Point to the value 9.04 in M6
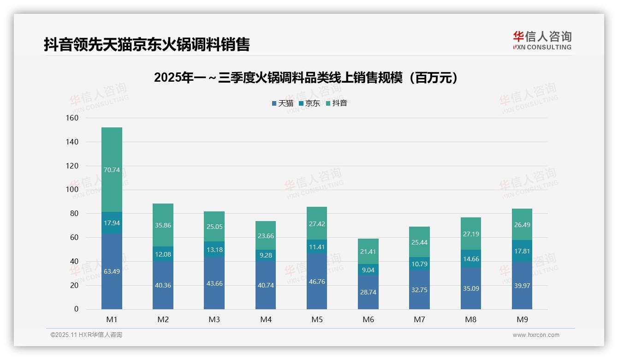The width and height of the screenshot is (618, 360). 368,270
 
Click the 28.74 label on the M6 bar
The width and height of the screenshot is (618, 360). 368,293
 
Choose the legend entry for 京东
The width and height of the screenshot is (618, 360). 309,103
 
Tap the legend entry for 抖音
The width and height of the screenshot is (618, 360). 337,103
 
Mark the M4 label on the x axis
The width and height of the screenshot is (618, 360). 266,319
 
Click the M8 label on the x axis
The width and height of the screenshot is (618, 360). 470,319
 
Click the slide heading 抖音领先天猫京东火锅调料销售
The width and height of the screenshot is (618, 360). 147,45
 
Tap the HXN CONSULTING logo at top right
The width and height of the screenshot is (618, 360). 542,41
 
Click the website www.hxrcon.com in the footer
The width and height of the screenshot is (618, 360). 535,335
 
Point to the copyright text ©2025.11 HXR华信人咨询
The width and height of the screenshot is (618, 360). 86,335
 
